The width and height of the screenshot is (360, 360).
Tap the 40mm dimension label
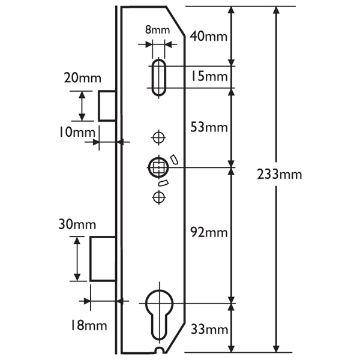(208, 36)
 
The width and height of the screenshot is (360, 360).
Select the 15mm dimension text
(208, 76)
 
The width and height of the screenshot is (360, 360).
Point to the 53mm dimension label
(208, 127)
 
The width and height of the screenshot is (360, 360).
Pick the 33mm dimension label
(208, 329)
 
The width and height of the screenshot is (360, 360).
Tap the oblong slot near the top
(159, 76)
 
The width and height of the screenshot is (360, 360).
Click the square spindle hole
(159, 167)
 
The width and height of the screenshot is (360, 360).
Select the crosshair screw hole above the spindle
(158, 137)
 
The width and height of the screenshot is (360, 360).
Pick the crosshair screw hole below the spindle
(158, 196)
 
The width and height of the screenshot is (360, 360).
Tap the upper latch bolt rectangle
(106, 106)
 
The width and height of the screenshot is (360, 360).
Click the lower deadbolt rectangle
(103, 259)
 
